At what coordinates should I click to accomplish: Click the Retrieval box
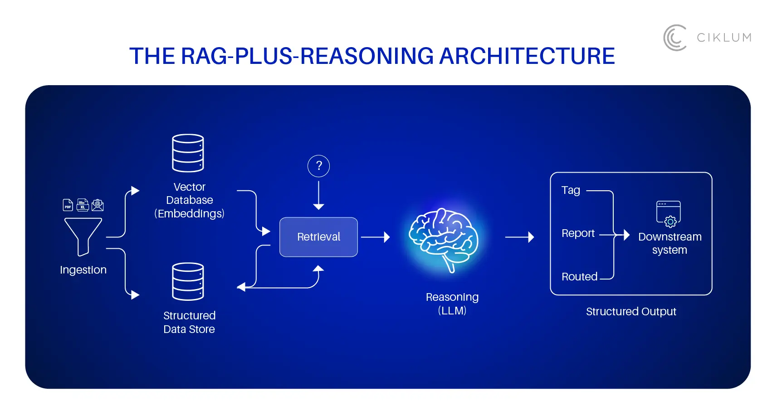[318, 237]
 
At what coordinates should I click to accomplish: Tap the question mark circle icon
[318, 166]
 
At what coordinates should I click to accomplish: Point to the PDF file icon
[68, 205]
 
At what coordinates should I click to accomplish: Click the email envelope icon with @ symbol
[98, 205]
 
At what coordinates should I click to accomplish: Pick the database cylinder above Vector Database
[188, 153]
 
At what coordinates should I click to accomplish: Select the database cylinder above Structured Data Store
[188, 281]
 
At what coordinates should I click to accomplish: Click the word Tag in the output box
[571, 190]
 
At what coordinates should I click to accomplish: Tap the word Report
[578, 233]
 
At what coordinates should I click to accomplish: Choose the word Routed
[579, 277]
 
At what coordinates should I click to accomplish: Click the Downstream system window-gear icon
[669, 213]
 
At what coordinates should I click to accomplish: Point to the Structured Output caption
[630, 312]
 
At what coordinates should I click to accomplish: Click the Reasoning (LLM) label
[452, 304]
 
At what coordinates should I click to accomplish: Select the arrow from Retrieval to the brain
[375, 237]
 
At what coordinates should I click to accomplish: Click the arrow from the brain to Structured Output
[519, 237]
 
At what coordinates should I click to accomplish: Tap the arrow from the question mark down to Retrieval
[318, 195]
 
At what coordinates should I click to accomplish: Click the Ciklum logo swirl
[675, 38]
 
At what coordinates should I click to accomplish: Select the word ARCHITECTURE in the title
[527, 56]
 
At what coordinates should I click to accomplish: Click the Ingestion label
[83, 270]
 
